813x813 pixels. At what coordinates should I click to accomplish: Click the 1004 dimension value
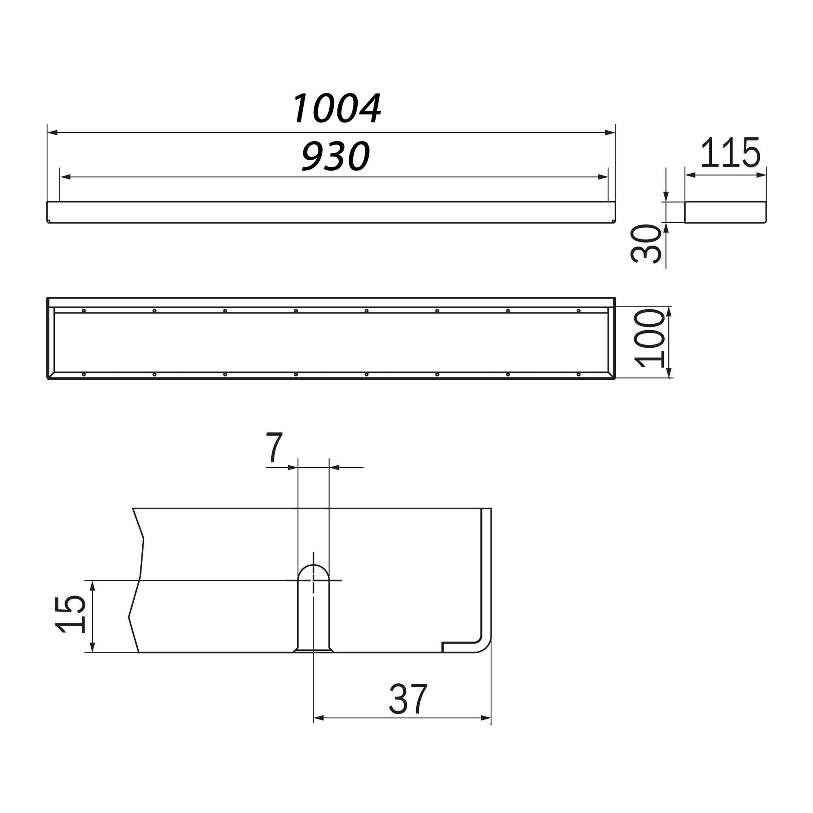pos(337,108)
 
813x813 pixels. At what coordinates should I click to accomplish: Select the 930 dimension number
pos(335,156)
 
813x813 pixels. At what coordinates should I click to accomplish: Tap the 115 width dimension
pos(730,152)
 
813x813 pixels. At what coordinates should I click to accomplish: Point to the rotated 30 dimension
pos(646,244)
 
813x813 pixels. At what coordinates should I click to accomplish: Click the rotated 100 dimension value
pos(649,338)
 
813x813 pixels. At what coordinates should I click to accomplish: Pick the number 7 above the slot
pos(274,447)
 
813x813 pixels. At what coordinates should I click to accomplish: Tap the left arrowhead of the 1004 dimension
pos(52,133)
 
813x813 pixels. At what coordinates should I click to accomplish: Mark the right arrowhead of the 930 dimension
pos(602,177)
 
